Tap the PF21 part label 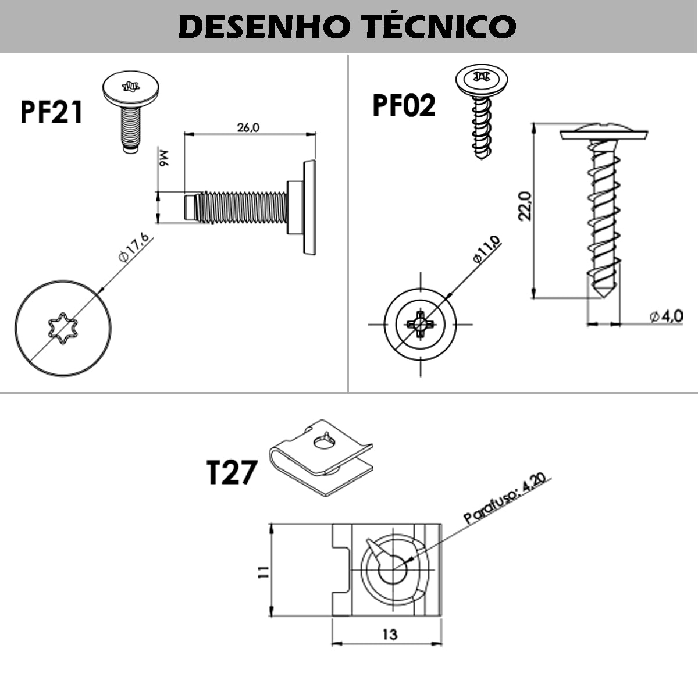[x=51, y=112]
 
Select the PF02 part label [x=404, y=106]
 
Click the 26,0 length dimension [x=248, y=127]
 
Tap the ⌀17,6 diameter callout [x=134, y=248]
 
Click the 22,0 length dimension [x=525, y=205]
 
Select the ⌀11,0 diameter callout [x=486, y=250]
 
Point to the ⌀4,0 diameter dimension [x=666, y=316]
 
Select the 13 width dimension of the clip [x=390, y=633]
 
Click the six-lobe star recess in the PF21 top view [x=62, y=329]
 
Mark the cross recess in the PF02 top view [x=420, y=323]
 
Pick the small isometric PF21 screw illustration [x=131, y=111]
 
